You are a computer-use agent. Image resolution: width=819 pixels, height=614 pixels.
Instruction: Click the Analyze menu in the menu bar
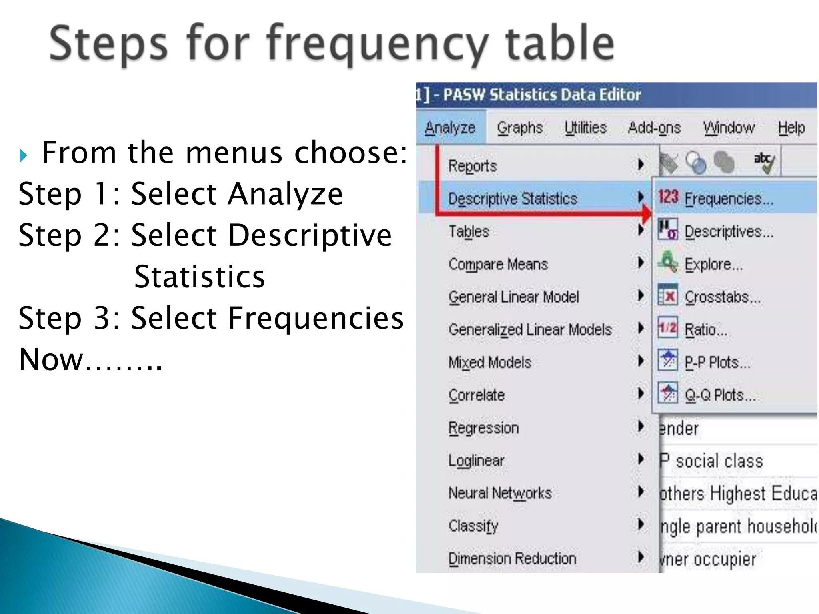(450, 128)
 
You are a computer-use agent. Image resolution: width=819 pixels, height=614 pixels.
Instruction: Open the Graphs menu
(519, 128)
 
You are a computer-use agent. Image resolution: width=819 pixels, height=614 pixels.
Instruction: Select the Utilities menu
(585, 128)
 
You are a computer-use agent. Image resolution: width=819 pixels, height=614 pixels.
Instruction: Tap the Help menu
(791, 128)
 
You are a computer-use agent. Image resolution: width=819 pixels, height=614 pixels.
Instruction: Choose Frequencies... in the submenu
(729, 199)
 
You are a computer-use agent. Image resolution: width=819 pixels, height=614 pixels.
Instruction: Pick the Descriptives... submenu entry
(729, 231)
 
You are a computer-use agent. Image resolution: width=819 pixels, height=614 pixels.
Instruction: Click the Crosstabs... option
(722, 297)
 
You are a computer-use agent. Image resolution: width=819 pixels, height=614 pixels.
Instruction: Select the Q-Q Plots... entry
(720, 395)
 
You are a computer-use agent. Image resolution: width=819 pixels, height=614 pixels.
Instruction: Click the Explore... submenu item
(713, 264)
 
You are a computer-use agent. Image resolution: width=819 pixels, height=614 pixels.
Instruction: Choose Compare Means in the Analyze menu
(498, 264)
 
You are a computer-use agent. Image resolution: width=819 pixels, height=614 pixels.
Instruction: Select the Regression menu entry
(483, 428)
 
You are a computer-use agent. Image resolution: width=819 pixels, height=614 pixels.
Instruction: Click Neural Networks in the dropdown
(500, 493)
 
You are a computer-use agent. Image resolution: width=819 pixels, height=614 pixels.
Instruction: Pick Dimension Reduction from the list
(512, 558)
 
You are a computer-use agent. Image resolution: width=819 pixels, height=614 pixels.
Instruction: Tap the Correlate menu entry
(477, 395)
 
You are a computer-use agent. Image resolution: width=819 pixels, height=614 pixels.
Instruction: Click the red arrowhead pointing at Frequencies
(646, 214)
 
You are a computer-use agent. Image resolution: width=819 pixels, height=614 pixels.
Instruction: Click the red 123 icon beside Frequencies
(668, 197)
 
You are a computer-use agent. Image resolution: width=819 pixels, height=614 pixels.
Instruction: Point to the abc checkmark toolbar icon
(764, 162)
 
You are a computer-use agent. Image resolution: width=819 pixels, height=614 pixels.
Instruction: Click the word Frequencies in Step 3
(316, 318)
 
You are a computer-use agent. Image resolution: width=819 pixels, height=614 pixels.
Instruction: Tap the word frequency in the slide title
(378, 44)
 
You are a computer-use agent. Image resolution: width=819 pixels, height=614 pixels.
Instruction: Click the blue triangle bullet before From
(23, 155)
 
